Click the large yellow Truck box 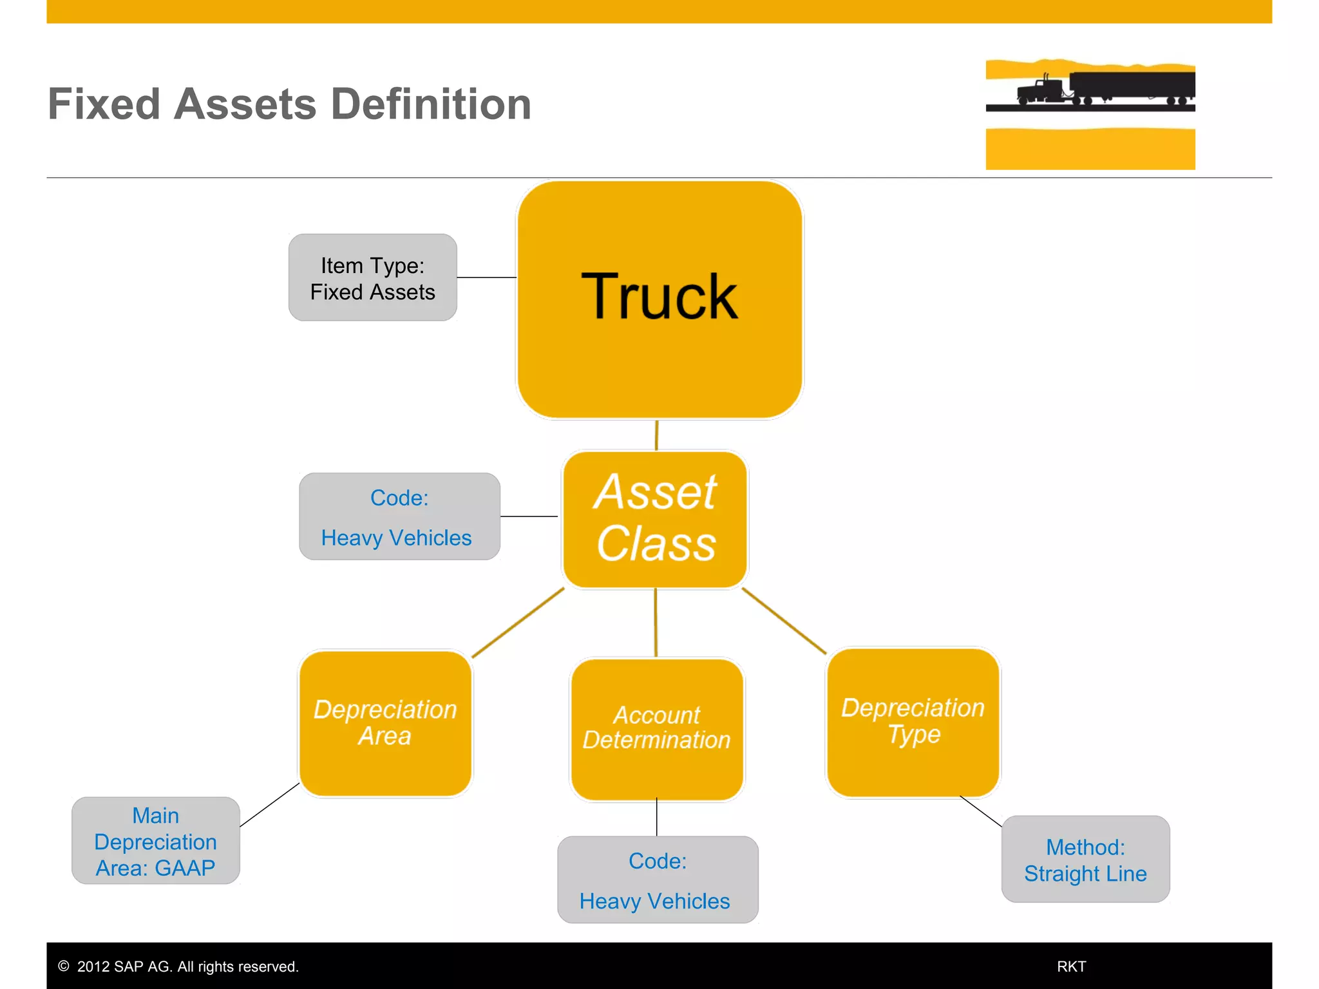[659, 299]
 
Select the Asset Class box [655, 519]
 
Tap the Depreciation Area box [385, 723]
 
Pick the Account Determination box [656, 729]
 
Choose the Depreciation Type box [913, 722]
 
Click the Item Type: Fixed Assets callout [373, 278]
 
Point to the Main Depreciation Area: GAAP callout [156, 841]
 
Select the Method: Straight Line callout [1085, 860]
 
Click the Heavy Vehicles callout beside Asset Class [399, 517]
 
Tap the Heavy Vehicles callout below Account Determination [657, 880]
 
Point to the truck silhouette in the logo [1105, 89]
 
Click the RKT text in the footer [1071, 966]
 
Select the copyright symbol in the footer [64, 966]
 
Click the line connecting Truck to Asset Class [656, 435]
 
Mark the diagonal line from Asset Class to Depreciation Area [518, 623]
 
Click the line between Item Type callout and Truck [487, 278]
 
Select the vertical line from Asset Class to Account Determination [656, 623]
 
